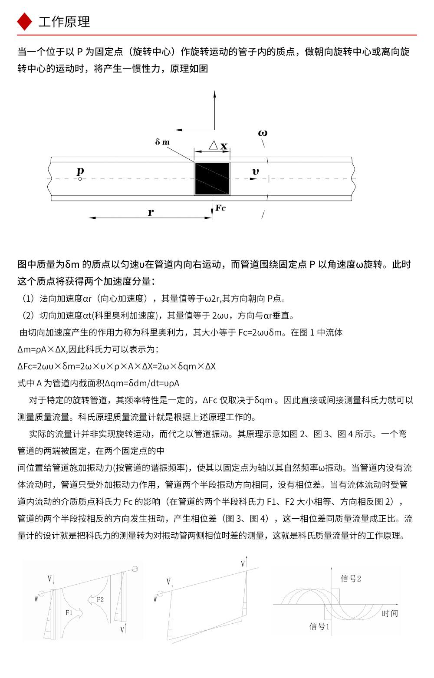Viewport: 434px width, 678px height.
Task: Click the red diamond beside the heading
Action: (x=24, y=22)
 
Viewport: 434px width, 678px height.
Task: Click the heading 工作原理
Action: (x=64, y=22)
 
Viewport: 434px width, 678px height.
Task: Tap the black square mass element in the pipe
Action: (x=212, y=179)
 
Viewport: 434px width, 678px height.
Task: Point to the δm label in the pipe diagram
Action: (x=162, y=142)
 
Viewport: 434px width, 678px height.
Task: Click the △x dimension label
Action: (x=218, y=145)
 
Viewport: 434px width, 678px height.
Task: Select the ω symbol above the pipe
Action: (x=263, y=133)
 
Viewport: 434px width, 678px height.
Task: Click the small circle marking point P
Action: (x=80, y=179)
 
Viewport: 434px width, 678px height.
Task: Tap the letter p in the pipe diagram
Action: (x=80, y=171)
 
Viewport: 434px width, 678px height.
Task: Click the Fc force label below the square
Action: (x=220, y=208)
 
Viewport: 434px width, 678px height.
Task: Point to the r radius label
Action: (x=151, y=212)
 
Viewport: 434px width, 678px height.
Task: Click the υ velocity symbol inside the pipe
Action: (x=255, y=172)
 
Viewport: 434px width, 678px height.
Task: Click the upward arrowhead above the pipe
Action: (x=214, y=94)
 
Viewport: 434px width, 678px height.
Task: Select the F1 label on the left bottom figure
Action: (x=69, y=613)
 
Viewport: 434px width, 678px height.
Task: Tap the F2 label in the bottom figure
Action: (x=100, y=599)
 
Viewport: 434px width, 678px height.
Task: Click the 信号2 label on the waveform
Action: (x=351, y=579)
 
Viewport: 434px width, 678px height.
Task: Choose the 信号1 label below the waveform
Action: (x=319, y=626)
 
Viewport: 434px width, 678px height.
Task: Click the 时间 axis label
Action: (x=390, y=613)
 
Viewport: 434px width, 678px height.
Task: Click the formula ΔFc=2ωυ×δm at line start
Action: (x=43, y=366)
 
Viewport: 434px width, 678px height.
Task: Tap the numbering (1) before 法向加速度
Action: (x=28, y=299)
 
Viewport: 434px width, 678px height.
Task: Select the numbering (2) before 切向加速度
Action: (x=28, y=316)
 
